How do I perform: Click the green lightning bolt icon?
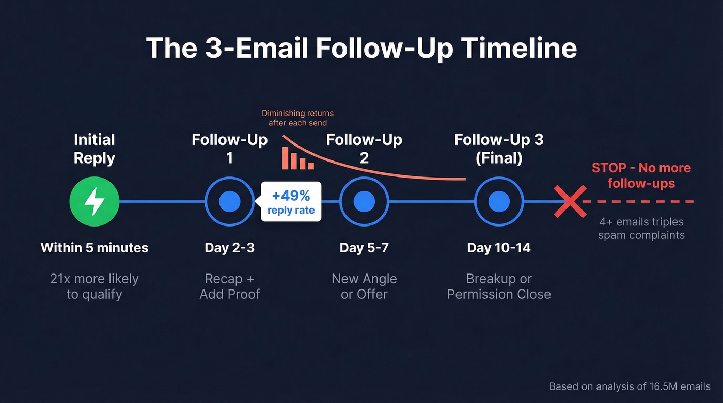[x=95, y=201]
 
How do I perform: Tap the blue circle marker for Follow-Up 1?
[x=230, y=201]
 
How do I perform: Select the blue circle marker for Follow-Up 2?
[x=364, y=201]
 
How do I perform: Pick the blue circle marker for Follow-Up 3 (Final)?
[x=499, y=201]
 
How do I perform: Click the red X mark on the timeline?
[x=570, y=201]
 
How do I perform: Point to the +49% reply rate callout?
[x=291, y=202]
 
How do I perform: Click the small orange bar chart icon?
[x=298, y=158]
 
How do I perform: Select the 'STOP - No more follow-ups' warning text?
[x=641, y=175]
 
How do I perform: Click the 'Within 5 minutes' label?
[x=95, y=248]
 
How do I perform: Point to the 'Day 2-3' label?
[x=230, y=248]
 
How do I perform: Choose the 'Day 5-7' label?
[x=364, y=248]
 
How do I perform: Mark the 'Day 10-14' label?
[x=499, y=248]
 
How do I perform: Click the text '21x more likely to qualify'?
[x=95, y=286]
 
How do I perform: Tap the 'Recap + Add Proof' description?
[x=230, y=286]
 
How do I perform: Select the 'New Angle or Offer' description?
[x=364, y=286]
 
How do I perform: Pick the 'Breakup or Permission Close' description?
[x=499, y=286]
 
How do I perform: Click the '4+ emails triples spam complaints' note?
[x=641, y=228]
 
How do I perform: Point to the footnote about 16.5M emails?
[x=630, y=386]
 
